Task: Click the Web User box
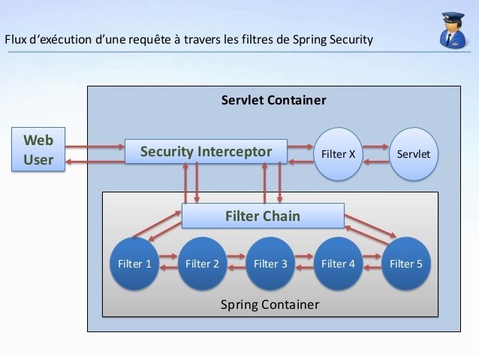click(38, 150)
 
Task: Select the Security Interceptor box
click(206, 152)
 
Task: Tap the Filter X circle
click(338, 154)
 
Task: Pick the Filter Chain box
click(263, 216)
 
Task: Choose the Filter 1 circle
click(135, 264)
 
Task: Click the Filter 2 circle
click(203, 264)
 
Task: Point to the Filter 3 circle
click(270, 264)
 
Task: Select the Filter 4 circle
click(338, 264)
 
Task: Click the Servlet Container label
click(273, 100)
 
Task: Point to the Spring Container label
click(270, 304)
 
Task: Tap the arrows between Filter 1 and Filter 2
click(169, 263)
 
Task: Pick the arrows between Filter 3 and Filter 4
click(304, 263)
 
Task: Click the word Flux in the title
click(17, 39)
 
